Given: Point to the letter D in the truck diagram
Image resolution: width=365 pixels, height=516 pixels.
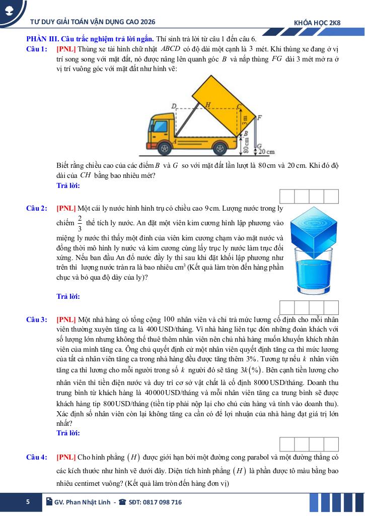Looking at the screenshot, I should tap(174, 106).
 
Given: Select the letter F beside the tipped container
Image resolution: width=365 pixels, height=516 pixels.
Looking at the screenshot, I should tap(259, 118).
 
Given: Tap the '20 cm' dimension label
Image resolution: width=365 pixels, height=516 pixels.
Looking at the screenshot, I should tap(267, 151).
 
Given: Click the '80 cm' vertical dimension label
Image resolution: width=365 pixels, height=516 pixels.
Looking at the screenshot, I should tap(246, 145).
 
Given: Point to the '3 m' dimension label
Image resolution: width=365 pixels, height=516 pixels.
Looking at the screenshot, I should tap(245, 120).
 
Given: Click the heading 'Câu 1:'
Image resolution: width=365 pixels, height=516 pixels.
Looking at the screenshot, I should tap(37, 49).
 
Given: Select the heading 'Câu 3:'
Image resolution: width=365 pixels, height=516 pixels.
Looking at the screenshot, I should tap(37, 319).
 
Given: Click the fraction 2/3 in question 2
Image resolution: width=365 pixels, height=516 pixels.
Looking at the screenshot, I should tap(80, 222).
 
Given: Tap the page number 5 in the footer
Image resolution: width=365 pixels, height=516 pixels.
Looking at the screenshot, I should tap(28, 502).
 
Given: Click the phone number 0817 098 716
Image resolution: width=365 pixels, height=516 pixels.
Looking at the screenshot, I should tap(159, 502).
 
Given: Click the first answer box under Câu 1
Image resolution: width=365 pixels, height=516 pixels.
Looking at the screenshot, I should tap(286, 197).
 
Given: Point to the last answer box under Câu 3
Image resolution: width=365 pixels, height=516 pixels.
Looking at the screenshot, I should tap(331, 444).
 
